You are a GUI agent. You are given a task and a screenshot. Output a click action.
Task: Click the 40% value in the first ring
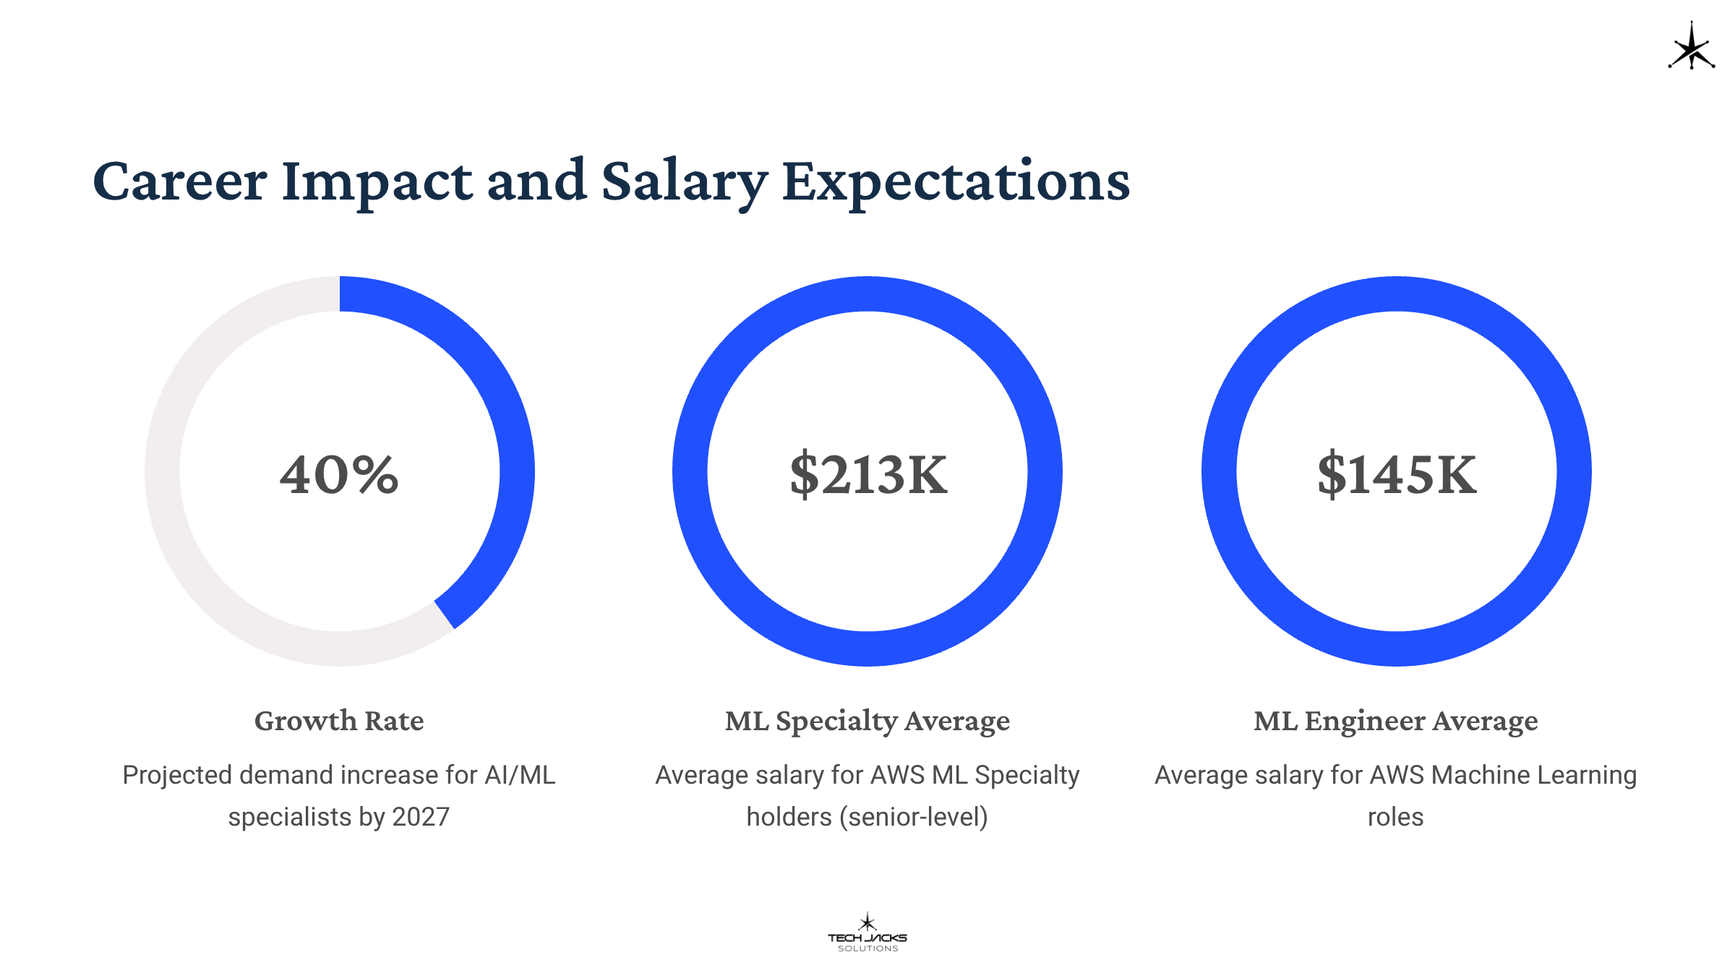click(x=339, y=474)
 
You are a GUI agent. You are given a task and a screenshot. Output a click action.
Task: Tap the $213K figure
click(x=867, y=474)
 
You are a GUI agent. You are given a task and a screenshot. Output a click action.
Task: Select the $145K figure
click(x=1396, y=474)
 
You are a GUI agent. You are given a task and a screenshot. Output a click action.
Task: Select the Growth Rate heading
click(x=339, y=721)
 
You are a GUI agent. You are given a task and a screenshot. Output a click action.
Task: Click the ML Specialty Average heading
click(x=867, y=721)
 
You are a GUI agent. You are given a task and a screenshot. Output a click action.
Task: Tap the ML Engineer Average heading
click(x=1396, y=721)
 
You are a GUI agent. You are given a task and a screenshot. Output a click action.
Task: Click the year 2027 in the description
click(x=420, y=817)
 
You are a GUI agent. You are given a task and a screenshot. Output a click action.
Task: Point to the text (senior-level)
click(x=914, y=817)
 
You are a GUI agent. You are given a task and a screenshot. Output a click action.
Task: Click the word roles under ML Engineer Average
click(x=1395, y=817)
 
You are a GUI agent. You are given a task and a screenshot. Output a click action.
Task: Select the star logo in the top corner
click(x=1691, y=48)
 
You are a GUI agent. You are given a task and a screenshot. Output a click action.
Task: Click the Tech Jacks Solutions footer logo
click(x=867, y=933)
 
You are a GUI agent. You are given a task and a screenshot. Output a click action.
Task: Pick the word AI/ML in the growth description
click(x=520, y=775)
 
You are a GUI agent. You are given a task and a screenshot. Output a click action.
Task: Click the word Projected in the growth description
click(x=178, y=775)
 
